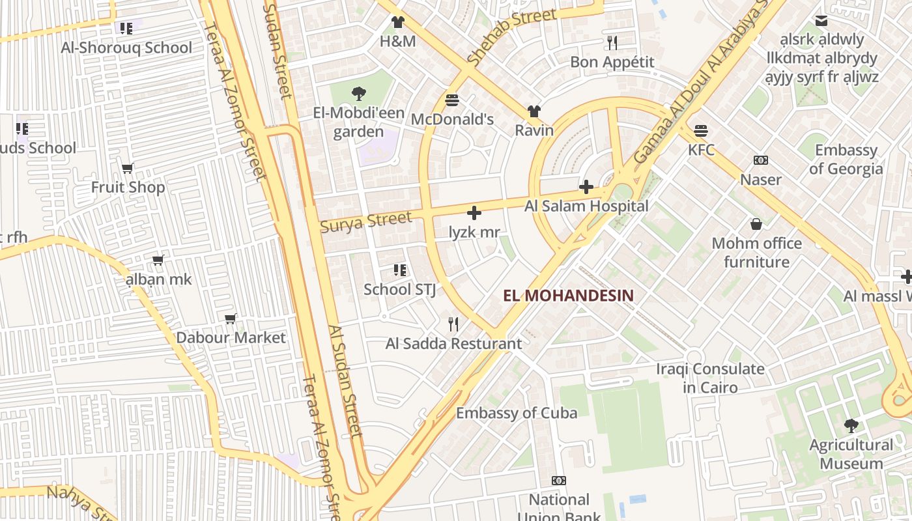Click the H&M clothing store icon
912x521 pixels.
point(397,22)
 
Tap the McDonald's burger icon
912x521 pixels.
point(452,100)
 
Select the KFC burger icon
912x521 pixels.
point(701,131)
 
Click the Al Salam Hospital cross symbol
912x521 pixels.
point(586,188)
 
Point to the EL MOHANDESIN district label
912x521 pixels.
point(568,296)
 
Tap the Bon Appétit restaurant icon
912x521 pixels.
point(612,43)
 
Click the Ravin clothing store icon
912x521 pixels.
point(534,111)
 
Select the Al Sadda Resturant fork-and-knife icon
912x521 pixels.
point(453,324)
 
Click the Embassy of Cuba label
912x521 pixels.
point(516,413)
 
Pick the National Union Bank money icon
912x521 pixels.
point(558,481)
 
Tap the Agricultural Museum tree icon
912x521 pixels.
point(851,426)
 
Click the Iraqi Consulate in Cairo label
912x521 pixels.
point(710,378)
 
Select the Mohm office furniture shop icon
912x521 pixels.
point(756,224)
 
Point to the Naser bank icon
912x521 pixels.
point(760,160)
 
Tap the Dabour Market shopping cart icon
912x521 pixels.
point(230,318)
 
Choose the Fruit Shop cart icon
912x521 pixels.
point(128,168)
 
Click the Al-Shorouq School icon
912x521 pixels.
point(126,28)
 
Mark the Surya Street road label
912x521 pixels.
point(365,221)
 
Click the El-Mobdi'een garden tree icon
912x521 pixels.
point(358,94)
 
